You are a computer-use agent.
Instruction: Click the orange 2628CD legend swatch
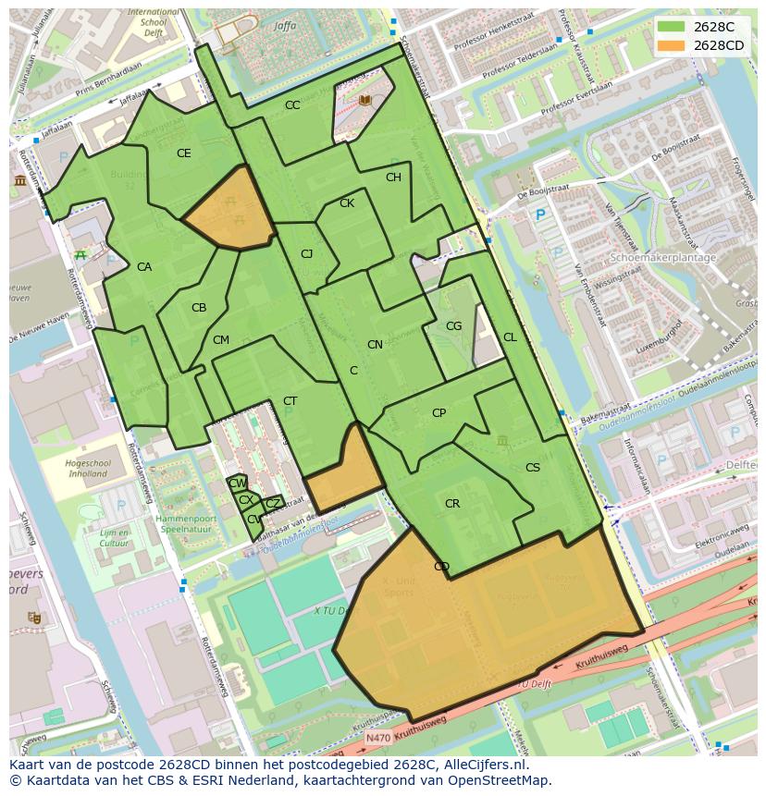click(x=672, y=45)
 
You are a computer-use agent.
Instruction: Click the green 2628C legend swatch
click(x=672, y=27)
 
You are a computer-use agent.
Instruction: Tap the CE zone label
click(x=183, y=153)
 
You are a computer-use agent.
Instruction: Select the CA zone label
click(x=144, y=267)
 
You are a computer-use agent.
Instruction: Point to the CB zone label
click(x=199, y=308)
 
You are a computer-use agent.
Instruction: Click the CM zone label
click(x=220, y=340)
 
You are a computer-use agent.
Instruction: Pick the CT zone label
click(x=290, y=401)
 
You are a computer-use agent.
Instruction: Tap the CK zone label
click(x=347, y=203)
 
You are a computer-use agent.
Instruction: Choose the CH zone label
click(x=393, y=178)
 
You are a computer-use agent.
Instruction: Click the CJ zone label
click(x=306, y=254)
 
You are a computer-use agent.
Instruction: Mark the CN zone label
click(x=375, y=345)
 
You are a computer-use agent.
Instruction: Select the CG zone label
click(x=453, y=326)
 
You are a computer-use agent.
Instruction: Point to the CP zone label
click(x=439, y=413)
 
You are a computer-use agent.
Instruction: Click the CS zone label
click(x=532, y=468)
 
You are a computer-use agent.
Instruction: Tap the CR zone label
click(x=451, y=504)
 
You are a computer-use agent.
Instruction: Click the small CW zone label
click(x=237, y=484)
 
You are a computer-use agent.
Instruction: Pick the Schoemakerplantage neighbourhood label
click(x=663, y=258)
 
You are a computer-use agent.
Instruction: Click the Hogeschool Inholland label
click(x=88, y=469)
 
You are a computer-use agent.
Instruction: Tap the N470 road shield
click(x=377, y=738)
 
